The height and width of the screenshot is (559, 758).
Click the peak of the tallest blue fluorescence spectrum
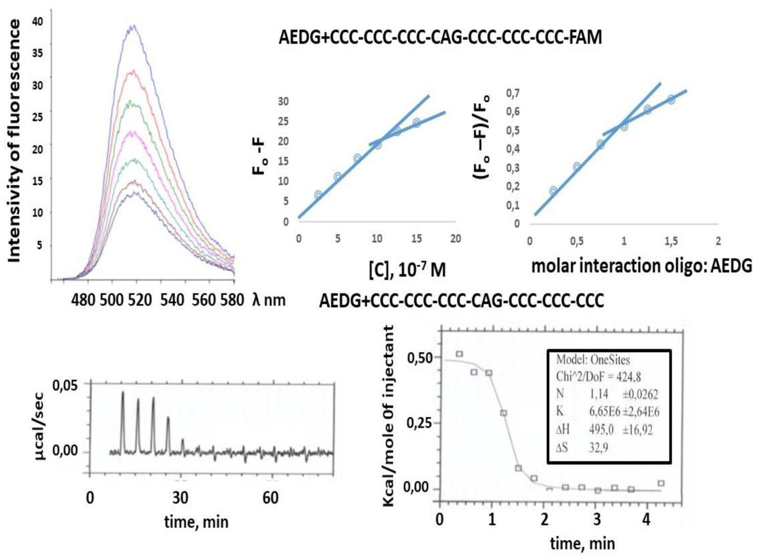click(x=132, y=26)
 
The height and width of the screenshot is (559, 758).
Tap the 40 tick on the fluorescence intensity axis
click(x=37, y=22)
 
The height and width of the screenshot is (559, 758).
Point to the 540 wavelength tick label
click(x=172, y=300)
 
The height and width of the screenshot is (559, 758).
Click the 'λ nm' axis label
click(x=268, y=300)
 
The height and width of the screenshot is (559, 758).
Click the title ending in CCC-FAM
click(x=440, y=37)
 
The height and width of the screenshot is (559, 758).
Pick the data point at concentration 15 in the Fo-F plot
click(x=417, y=123)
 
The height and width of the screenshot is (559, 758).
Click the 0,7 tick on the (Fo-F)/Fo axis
click(x=513, y=93)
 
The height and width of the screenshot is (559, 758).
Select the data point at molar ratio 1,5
click(x=671, y=99)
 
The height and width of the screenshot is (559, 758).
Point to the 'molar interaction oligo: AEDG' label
click(x=642, y=265)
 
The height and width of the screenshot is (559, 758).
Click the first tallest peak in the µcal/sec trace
click(x=122, y=393)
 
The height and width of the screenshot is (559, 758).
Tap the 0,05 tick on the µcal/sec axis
click(x=65, y=386)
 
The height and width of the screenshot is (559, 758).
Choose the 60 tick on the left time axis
click(x=270, y=498)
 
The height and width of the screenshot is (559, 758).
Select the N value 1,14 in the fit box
click(x=599, y=394)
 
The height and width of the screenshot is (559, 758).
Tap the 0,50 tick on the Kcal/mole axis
click(x=420, y=358)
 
